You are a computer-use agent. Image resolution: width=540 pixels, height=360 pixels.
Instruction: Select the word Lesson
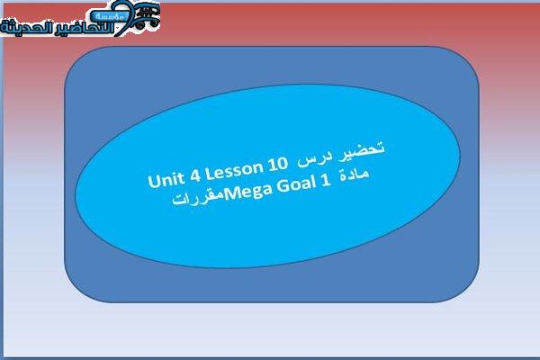point(234,170)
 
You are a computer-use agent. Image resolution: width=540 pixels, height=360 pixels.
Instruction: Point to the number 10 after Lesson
point(277,163)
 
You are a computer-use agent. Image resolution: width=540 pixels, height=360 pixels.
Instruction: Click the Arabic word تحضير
point(361,151)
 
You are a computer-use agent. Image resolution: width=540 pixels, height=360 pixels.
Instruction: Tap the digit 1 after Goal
point(326,181)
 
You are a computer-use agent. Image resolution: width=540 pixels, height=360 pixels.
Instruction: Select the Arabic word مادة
point(355,175)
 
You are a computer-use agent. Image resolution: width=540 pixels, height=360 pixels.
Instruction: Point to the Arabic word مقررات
point(198,198)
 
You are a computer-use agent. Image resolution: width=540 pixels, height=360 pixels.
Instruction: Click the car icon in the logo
point(148,16)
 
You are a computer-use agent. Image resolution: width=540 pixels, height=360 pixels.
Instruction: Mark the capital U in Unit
point(154,181)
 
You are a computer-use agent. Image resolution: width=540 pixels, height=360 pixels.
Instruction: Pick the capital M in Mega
point(231,194)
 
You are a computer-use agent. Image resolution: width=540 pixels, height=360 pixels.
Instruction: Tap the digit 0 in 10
point(282,163)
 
